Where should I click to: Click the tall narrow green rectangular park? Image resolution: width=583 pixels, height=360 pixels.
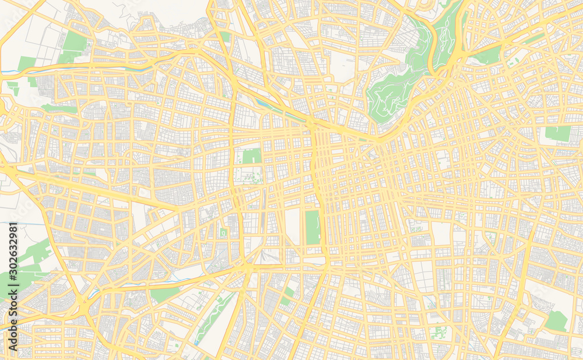[x=312, y=227]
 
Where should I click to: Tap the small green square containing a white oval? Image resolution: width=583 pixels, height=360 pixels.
[x=223, y=233]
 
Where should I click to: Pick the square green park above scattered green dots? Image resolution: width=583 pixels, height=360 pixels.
[x=252, y=156]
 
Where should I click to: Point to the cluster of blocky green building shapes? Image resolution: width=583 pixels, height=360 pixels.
[x=438, y=333]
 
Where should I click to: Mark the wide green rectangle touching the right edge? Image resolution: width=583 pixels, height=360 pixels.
[x=559, y=134]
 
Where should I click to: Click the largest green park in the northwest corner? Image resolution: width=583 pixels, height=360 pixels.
[x=74, y=43]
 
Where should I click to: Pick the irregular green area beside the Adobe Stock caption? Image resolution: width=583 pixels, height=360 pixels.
[x=32, y=256]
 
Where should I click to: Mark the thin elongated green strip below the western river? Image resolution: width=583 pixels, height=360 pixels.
[x=58, y=108]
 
